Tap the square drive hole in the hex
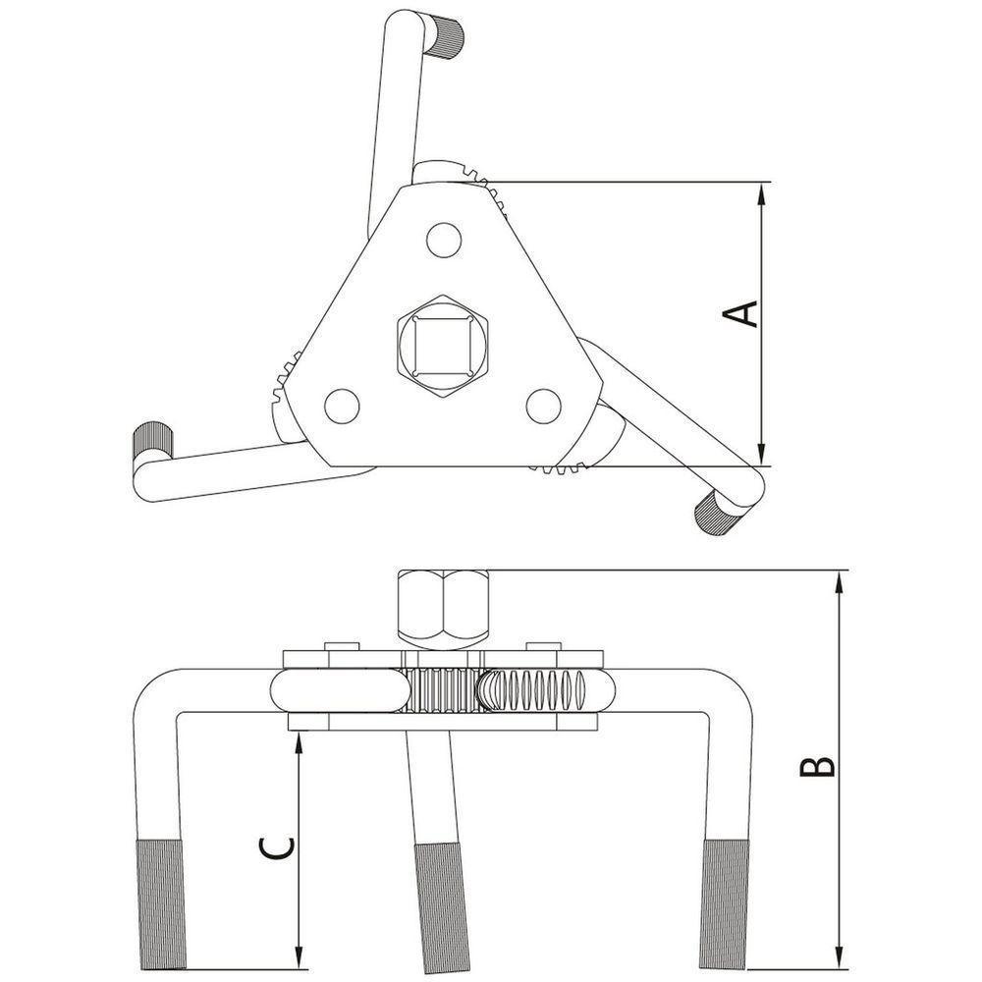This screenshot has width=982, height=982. click(444, 347)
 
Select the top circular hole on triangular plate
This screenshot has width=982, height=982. click(444, 240)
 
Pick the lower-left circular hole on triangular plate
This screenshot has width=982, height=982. click(342, 406)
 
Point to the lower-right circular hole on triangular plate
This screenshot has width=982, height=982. click(543, 406)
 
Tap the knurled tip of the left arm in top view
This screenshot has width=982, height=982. click(152, 440)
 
